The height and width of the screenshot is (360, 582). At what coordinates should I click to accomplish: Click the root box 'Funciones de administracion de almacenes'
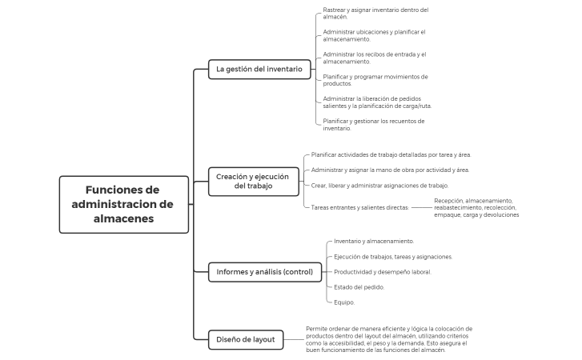(124, 204)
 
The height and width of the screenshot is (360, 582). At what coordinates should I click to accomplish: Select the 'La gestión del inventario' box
(259, 70)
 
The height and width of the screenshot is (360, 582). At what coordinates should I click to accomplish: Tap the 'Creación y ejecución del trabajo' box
(254, 182)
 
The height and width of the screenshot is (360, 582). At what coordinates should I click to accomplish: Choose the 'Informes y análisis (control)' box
(265, 272)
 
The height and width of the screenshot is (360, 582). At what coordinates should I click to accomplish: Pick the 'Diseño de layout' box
(246, 340)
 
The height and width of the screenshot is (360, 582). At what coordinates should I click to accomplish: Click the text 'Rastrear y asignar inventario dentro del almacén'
(375, 14)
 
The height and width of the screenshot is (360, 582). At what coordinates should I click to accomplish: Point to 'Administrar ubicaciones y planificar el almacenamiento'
(374, 35)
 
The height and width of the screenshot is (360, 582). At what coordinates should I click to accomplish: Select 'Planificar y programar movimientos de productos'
(375, 80)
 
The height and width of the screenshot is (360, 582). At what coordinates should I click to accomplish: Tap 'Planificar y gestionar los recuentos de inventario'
(373, 125)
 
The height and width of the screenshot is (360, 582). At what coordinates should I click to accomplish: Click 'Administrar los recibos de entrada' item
(375, 58)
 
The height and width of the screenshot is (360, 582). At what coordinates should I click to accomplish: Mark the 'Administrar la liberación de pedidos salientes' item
(377, 102)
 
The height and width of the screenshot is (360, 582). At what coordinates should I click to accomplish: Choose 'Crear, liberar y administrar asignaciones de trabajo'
(379, 186)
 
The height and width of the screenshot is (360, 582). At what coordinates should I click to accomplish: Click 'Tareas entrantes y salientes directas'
(360, 208)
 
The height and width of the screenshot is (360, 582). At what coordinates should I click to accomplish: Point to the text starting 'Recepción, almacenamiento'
(476, 208)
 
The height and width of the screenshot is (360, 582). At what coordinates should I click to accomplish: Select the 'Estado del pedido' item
(359, 287)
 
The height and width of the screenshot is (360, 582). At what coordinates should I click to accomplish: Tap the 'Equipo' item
(344, 302)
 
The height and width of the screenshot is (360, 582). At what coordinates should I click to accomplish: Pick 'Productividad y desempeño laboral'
(383, 272)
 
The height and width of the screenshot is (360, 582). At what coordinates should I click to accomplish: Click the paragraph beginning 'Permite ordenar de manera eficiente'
(389, 339)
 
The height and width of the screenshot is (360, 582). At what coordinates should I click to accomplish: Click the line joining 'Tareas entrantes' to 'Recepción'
(422, 208)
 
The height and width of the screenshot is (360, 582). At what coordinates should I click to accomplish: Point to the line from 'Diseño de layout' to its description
(294, 340)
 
